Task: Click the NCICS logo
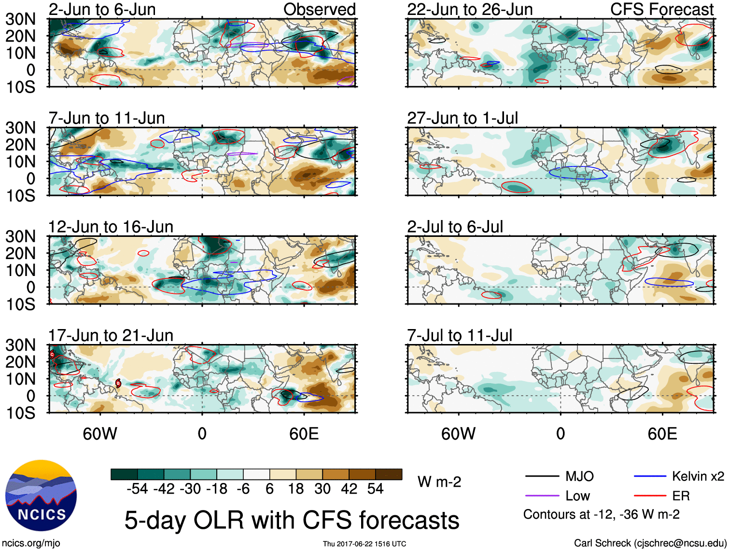click(x=41, y=496)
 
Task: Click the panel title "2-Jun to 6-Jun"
click(x=102, y=9)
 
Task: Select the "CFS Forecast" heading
click(x=661, y=9)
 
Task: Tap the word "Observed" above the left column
click(x=319, y=9)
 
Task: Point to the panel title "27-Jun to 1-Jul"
click(x=462, y=118)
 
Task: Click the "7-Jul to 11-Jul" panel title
click(x=459, y=335)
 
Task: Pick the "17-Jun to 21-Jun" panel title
click(x=111, y=335)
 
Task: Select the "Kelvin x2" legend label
click(x=698, y=476)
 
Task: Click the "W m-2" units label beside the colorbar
click(x=439, y=482)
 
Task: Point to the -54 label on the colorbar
click(x=137, y=489)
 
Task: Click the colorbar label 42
click(x=349, y=489)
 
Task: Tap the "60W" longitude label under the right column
click(x=458, y=434)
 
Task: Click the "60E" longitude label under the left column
click(x=304, y=434)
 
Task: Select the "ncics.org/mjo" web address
click(x=31, y=543)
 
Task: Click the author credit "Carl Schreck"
click(x=602, y=543)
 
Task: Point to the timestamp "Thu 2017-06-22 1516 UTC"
click(x=364, y=544)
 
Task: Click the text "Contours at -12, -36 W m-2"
click(x=601, y=514)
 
